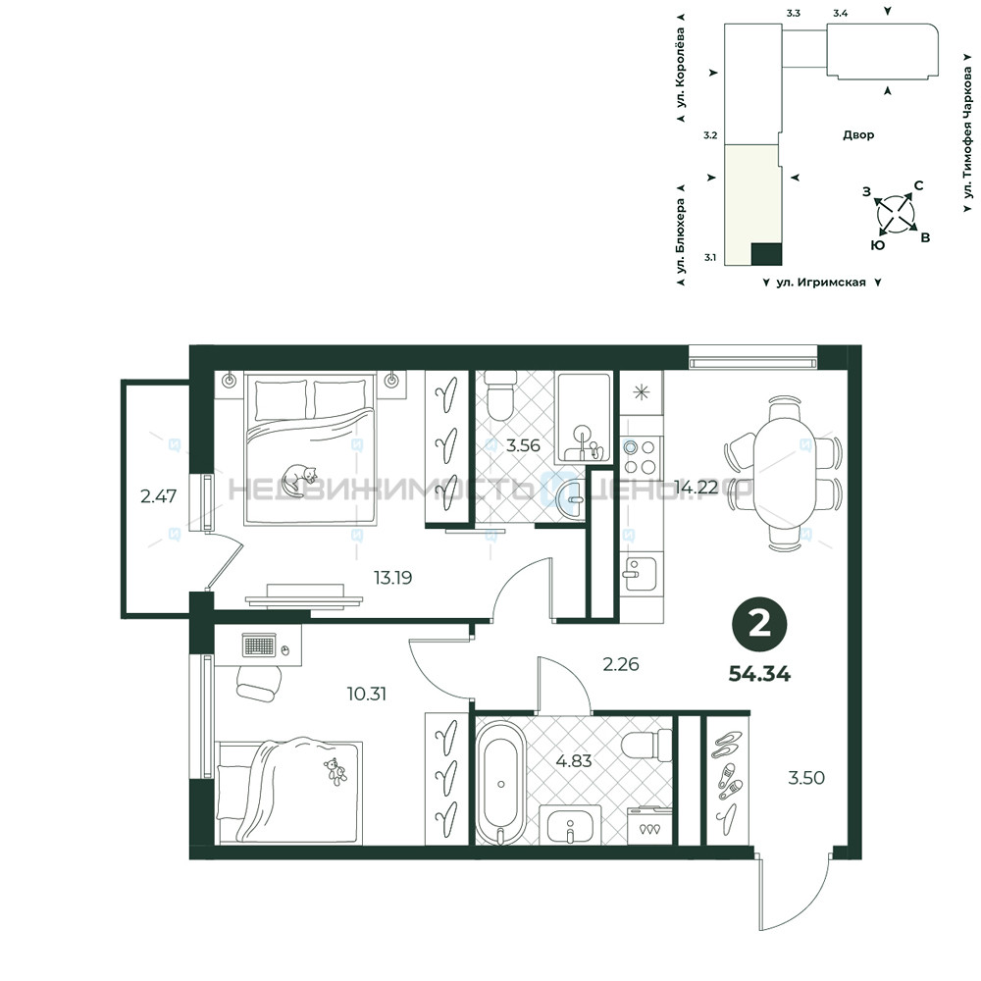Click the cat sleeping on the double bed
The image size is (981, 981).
[298, 480]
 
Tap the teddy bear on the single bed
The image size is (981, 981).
[336, 771]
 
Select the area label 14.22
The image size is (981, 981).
[696, 488]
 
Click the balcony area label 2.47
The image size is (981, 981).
[158, 496]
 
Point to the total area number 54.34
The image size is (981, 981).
[759, 674]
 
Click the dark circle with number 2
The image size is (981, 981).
[759, 624]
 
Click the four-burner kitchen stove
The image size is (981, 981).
[641, 456]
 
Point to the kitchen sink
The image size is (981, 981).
[640, 573]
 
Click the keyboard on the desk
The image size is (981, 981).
[258, 645]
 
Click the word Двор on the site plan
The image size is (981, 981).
[857, 134]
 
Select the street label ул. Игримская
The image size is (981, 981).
[821, 283]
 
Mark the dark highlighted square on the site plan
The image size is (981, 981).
[766, 253]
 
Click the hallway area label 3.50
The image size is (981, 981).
[805, 778]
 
